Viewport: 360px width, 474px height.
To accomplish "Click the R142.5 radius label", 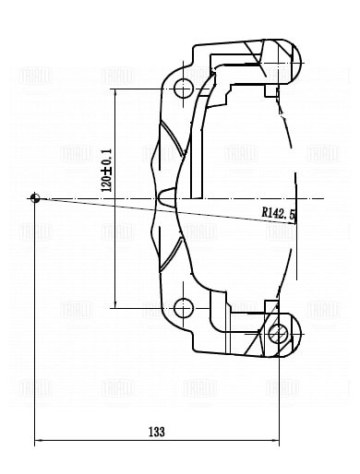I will [x=278, y=213].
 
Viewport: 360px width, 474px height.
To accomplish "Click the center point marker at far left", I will [x=35, y=197].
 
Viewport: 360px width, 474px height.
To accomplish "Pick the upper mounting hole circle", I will [x=182, y=89].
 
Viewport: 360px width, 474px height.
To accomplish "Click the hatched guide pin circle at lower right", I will [x=278, y=333].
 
